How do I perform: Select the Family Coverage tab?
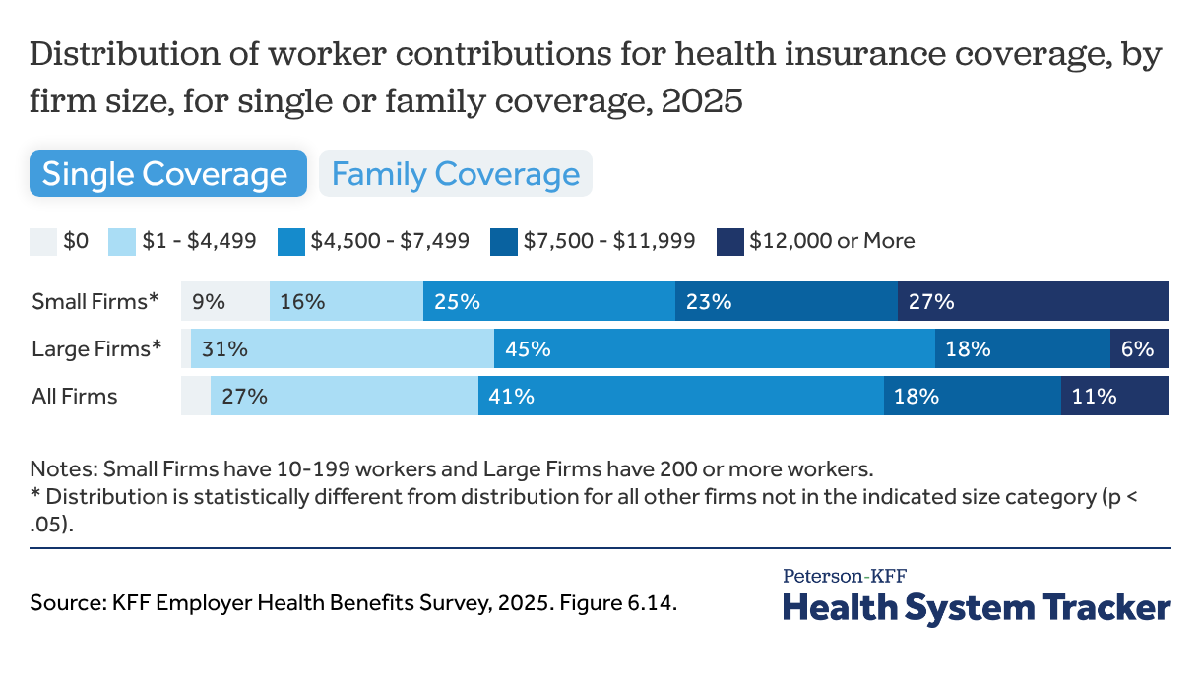[455, 174]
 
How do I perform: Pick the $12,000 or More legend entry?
[816, 241]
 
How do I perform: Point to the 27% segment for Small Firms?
[1033, 301]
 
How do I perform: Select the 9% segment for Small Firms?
[224, 301]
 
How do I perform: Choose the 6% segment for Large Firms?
[1139, 348]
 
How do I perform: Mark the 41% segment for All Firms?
[680, 396]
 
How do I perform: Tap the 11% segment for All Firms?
[1114, 396]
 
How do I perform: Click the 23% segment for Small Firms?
[786, 301]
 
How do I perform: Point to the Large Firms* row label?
[96, 348]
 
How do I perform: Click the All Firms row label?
[75, 397]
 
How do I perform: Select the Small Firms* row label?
[95, 301]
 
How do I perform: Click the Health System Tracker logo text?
[976, 606]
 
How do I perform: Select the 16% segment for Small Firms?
[346, 301]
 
